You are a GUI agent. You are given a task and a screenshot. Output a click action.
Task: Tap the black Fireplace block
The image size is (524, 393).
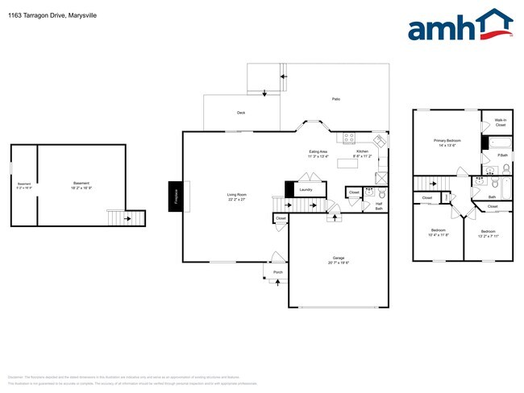[174, 196]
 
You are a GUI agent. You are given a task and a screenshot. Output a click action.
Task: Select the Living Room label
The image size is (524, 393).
[236, 195]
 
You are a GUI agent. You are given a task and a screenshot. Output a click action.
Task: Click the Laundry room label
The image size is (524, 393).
[306, 190]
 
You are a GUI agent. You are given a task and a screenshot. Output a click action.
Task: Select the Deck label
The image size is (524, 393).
[240, 113]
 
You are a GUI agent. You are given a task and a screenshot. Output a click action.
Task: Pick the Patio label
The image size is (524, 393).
[335, 99]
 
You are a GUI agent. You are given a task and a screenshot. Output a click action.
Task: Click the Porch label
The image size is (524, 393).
[278, 272]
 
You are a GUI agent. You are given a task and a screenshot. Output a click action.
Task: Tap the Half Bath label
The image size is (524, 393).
[379, 205]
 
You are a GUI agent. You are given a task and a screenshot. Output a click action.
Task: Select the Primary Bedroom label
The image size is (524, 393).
[447, 142]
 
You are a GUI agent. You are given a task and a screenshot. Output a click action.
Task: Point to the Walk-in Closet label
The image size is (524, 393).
[500, 122]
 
